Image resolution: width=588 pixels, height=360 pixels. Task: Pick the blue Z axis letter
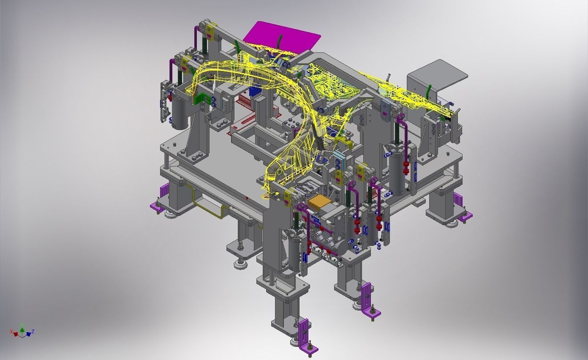pyautogui.click(x=33, y=331)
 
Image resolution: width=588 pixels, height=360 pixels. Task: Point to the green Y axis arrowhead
pyautogui.click(x=22, y=325)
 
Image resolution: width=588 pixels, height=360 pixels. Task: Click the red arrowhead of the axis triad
pyautogui.click(x=16, y=334)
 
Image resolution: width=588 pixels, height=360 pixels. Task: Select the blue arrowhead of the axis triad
pyautogui.click(x=28, y=334)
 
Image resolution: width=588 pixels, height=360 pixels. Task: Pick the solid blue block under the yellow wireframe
pyautogui.click(x=255, y=91)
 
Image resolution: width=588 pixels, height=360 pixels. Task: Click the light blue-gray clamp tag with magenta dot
pyautogui.click(x=385, y=110)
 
